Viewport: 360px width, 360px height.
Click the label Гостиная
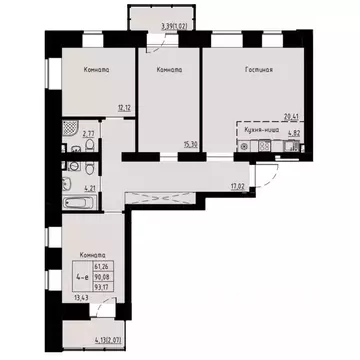[258, 70]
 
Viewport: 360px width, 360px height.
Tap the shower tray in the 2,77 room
[70, 131]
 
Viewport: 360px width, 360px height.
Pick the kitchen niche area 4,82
[294, 132]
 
